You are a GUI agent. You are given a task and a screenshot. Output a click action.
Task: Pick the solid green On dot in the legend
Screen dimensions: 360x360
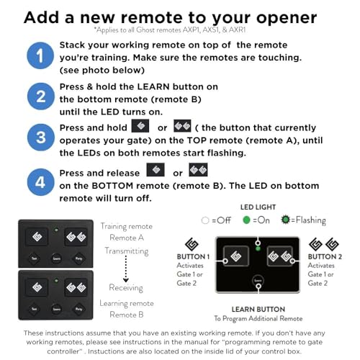(x=248, y=220)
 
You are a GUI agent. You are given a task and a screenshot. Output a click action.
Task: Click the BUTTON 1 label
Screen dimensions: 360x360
(x=192, y=256)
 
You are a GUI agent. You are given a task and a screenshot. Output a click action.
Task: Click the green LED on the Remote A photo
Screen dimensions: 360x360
(x=55, y=230)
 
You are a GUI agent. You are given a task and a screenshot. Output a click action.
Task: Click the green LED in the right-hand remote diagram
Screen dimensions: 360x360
(x=258, y=250)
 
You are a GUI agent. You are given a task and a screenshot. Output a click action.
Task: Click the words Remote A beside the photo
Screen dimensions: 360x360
(x=127, y=237)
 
